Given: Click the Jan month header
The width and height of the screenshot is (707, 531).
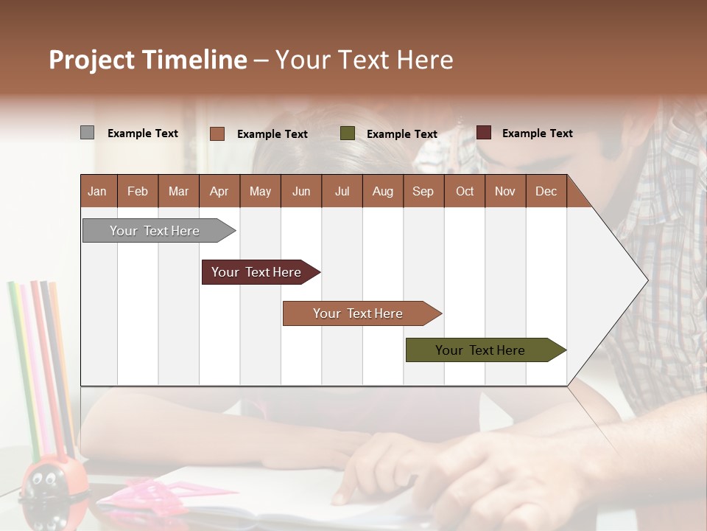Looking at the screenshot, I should pos(97,192).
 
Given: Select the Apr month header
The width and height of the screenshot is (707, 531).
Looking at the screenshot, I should pos(219,192).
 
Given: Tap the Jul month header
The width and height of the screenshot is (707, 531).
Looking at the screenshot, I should pos(342,192).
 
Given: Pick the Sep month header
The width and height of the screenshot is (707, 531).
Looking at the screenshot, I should pos(423,192).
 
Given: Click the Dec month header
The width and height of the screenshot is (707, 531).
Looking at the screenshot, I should pos(546,192).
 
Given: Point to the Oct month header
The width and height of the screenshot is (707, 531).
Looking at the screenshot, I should pos(465,192).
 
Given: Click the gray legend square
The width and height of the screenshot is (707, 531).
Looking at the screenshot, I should pos(87,133).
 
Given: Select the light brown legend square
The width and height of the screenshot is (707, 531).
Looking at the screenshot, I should pos(217,133).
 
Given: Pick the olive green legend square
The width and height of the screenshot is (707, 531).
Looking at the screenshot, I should pos(348,133).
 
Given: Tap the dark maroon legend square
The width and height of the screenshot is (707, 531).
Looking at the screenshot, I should pos(483,133).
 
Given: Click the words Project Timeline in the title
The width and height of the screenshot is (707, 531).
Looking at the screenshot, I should pos(148,60).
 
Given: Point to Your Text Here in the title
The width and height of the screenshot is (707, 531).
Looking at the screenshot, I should pos(365,60).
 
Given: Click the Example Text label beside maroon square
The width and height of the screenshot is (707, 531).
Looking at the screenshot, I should pos(537,133).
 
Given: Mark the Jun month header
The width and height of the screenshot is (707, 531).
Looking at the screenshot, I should pos(301,192).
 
